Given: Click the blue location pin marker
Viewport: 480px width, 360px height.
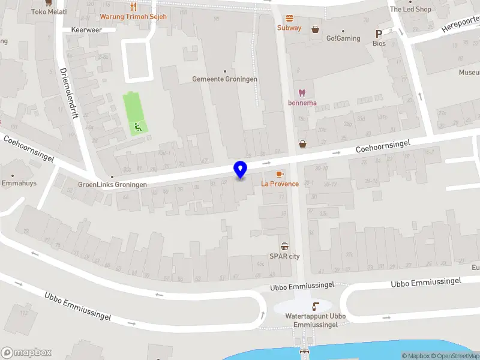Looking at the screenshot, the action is click(241, 170).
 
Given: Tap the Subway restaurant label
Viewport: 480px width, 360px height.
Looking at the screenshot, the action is click(289, 28).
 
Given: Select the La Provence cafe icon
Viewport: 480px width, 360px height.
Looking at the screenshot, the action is click(279, 174).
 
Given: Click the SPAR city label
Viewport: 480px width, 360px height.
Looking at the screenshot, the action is click(284, 256).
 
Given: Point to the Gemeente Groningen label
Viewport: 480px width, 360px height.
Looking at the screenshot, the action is click(225, 79).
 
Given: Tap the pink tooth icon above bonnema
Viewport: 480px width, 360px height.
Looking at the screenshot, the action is click(302, 92).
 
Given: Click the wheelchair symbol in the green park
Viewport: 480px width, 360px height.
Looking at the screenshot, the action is click(138, 127).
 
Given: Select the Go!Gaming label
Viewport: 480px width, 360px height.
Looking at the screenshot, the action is click(343, 38).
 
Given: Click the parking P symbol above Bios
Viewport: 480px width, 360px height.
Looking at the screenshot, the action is click(379, 34).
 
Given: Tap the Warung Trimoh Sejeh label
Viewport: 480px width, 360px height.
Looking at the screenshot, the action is click(133, 16).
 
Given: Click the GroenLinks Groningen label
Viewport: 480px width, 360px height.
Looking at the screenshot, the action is click(112, 185).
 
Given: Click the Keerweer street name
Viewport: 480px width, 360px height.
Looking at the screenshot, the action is click(86, 29).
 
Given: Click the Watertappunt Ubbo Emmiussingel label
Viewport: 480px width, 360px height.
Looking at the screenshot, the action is click(315, 320).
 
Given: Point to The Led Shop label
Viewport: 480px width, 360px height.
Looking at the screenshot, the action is click(410, 9).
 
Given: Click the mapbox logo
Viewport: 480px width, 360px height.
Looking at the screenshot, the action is click(26, 352).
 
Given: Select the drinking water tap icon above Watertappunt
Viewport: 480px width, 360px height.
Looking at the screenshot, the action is click(316, 306).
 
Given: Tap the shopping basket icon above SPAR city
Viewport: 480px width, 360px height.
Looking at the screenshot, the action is click(284, 246).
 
